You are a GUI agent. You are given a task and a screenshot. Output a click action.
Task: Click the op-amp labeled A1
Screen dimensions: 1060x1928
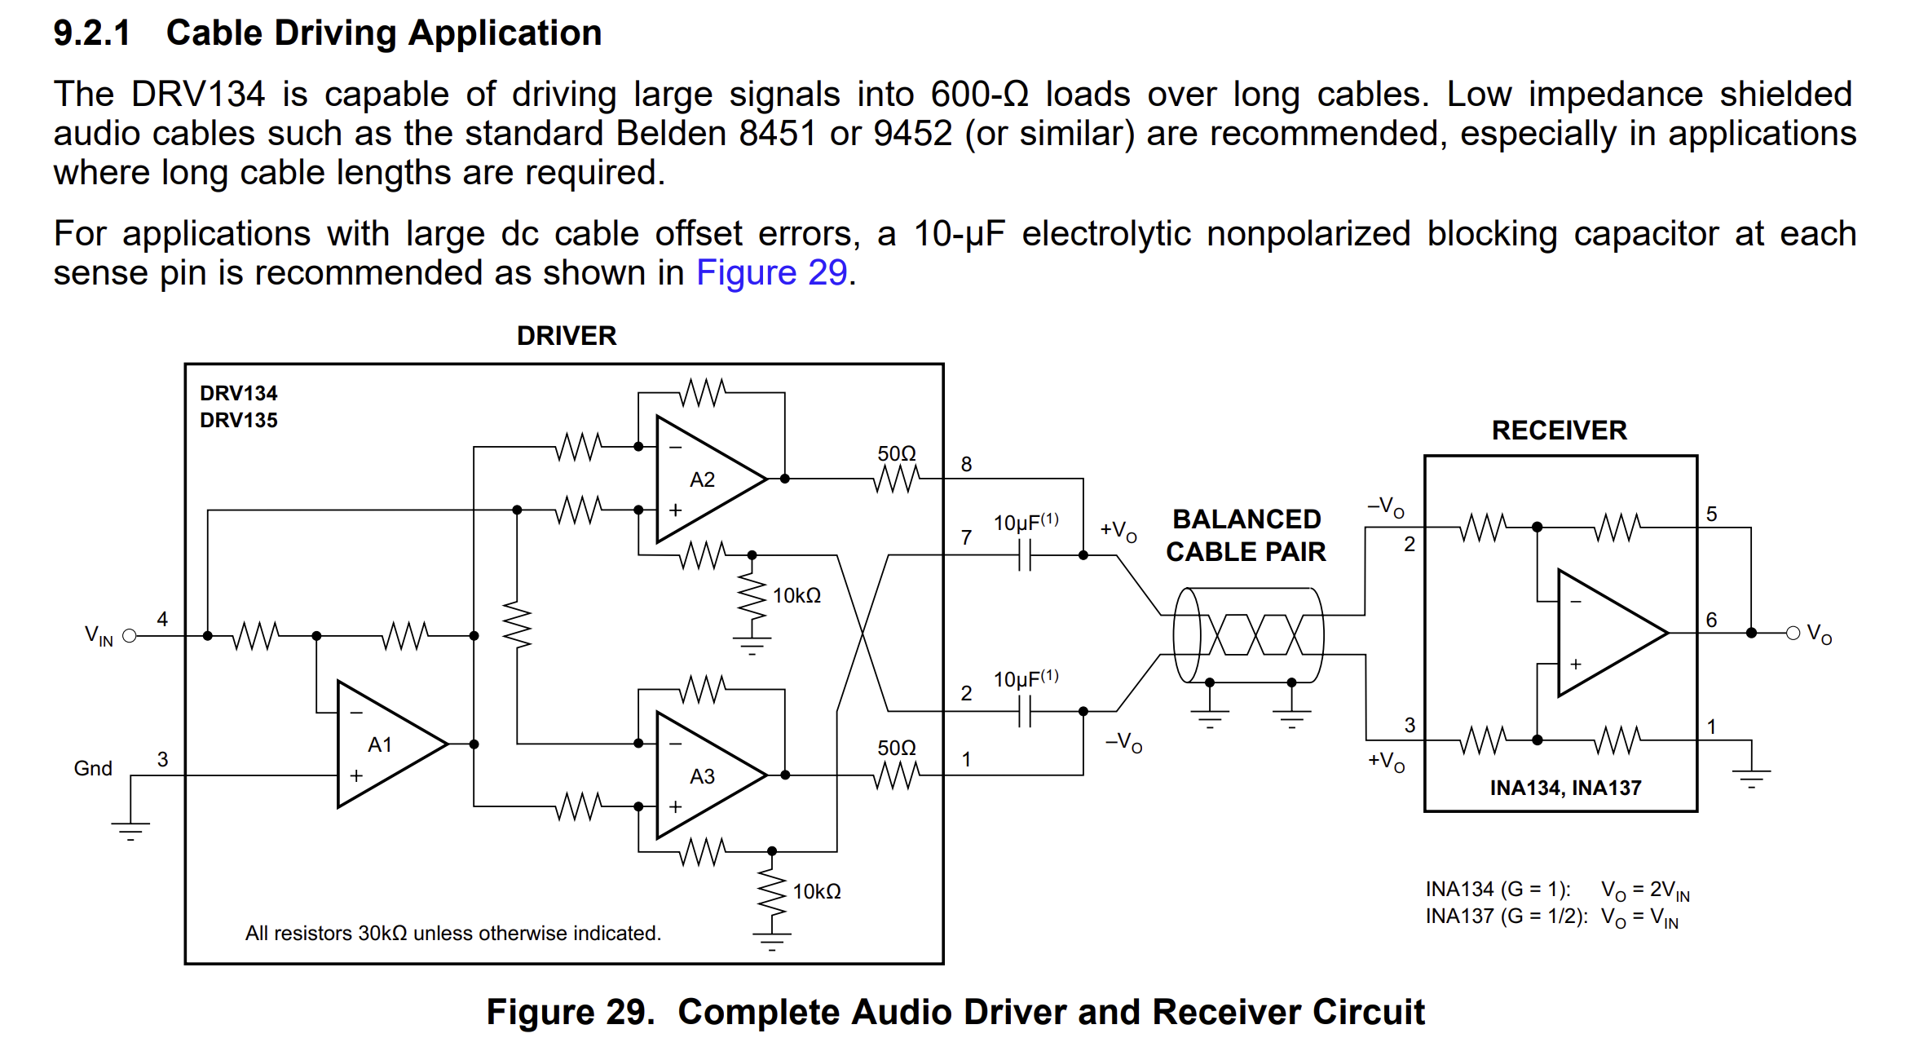point(383,744)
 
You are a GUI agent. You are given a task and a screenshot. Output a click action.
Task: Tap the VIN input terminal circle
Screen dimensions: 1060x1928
point(129,636)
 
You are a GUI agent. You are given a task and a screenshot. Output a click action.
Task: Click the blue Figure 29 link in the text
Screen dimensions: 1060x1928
point(771,272)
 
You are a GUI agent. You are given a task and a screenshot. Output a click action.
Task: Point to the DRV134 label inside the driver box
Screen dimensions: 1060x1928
point(238,393)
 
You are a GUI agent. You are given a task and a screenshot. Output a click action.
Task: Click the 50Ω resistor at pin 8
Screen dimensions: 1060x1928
point(896,478)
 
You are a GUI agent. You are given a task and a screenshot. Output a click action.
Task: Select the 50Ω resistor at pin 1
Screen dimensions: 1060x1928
point(896,775)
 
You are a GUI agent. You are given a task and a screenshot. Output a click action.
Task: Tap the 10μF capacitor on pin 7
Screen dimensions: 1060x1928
point(1025,556)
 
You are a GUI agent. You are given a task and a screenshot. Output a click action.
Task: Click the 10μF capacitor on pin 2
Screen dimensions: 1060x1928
point(1025,712)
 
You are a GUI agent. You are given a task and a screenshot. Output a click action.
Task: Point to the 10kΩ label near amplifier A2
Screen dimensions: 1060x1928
point(796,596)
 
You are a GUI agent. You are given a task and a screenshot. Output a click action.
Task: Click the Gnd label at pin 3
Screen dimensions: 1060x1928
point(93,768)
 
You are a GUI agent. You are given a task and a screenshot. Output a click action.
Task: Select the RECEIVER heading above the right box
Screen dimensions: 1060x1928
point(1559,431)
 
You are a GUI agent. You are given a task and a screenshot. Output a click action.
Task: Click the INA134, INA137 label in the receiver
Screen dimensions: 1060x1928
point(1565,788)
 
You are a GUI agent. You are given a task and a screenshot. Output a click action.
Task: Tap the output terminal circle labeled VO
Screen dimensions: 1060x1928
point(1793,633)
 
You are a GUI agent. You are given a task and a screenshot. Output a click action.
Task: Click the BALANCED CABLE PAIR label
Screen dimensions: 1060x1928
point(1246,536)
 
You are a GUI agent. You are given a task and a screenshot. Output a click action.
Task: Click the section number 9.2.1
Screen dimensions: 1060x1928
point(91,33)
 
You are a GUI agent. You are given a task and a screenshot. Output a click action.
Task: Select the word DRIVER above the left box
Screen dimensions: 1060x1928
point(567,336)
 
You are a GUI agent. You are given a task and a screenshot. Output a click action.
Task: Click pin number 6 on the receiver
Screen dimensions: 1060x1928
point(1711,620)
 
